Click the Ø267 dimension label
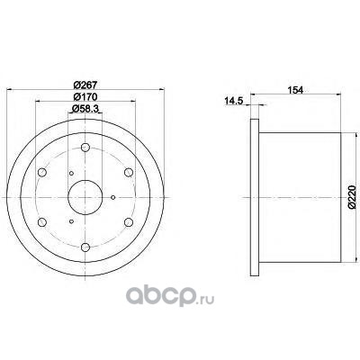tap(85, 85)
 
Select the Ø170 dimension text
tap(85, 97)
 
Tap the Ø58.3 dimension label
tap(85, 109)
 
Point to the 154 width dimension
tap(295, 90)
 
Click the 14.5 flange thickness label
tap(234, 102)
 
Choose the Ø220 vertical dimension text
tap(352, 197)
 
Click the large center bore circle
tap(85, 180)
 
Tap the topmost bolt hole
tap(85, 148)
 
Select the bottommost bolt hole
tap(85, 247)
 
